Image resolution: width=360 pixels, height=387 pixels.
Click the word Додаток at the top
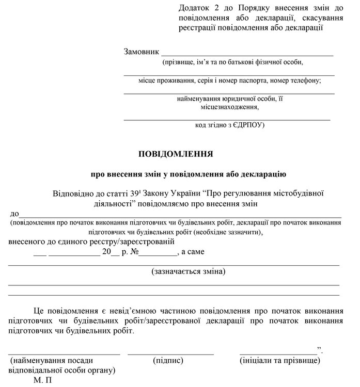193,8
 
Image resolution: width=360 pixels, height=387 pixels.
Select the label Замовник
141,52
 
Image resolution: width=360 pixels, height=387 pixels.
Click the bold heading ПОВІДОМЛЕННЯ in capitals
176,154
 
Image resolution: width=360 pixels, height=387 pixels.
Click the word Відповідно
73,193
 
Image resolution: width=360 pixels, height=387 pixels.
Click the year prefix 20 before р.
106,252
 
